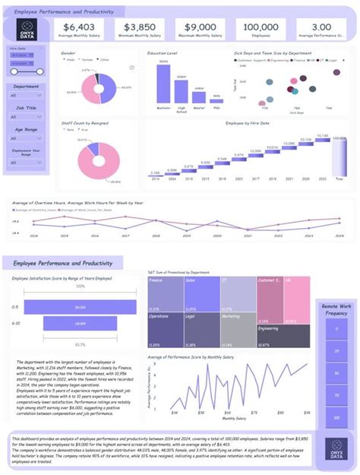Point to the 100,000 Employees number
(262, 27)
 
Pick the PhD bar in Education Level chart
(217, 99)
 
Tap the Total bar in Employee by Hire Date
(339, 158)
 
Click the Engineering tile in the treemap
(283, 335)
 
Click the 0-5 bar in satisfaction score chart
(80, 306)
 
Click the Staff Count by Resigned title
(84, 122)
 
